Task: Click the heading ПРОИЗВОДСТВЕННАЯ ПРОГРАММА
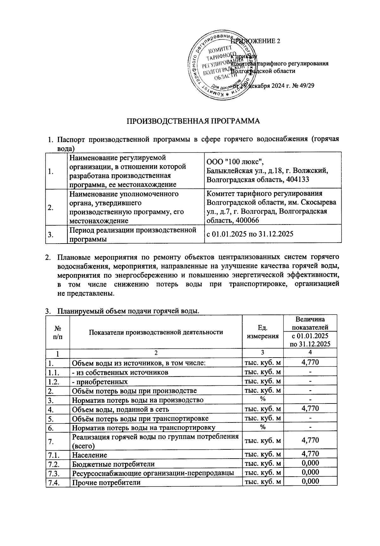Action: tap(193, 121)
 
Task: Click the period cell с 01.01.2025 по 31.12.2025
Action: tap(250, 234)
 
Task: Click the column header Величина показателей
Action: tap(310, 323)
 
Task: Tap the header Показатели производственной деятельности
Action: tap(156, 332)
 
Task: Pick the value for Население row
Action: tap(310, 454)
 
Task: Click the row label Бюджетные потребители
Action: tap(113, 464)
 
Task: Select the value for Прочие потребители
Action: tap(310, 482)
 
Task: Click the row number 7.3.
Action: tap(53, 473)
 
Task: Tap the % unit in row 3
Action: tap(263, 399)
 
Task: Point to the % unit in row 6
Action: tap(263, 427)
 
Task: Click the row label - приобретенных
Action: tap(100, 381)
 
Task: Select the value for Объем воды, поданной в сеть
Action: tap(310, 409)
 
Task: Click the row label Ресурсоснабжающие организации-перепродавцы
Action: tap(153, 473)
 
